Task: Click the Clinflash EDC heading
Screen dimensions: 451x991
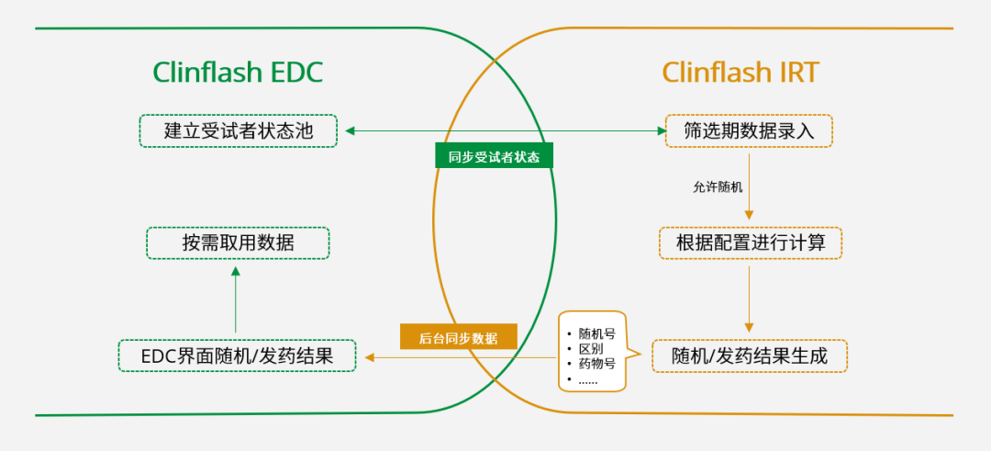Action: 238,73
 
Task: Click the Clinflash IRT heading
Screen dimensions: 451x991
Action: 740,73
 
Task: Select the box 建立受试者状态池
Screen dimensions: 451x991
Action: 238,130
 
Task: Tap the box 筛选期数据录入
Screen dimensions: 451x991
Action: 749,130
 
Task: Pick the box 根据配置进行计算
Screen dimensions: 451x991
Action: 750,243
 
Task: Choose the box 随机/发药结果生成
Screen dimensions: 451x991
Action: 749,356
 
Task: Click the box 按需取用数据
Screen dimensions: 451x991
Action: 238,243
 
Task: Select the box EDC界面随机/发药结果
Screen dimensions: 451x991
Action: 237,356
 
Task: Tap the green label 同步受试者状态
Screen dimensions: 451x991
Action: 494,156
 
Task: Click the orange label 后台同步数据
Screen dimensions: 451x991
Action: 459,337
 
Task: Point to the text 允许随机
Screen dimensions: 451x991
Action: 718,186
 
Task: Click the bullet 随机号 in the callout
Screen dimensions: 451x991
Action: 596,333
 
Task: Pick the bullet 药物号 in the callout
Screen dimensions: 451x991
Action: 596,364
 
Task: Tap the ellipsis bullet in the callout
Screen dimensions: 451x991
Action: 588,379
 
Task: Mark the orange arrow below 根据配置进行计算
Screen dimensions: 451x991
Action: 750,299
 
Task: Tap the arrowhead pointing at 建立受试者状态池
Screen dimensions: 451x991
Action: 351,131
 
